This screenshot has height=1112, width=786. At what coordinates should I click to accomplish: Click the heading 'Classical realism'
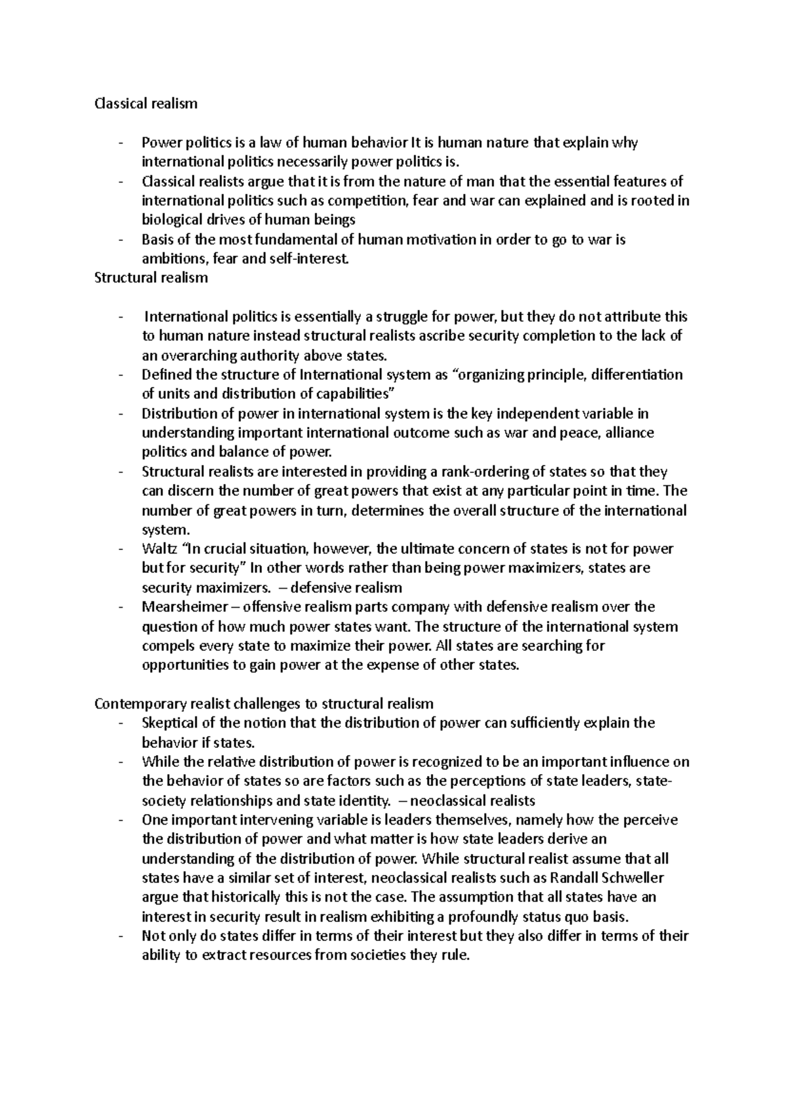pyautogui.click(x=145, y=103)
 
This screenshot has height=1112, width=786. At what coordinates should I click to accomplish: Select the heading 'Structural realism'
pyautogui.click(x=151, y=278)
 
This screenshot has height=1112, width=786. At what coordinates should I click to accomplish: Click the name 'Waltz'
pyautogui.click(x=158, y=549)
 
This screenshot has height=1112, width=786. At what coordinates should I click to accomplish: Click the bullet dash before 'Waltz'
pyautogui.click(x=121, y=549)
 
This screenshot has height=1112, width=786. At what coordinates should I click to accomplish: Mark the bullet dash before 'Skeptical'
pyautogui.click(x=121, y=723)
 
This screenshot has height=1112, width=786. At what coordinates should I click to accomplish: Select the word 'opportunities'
pyautogui.click(x=185, y=665)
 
